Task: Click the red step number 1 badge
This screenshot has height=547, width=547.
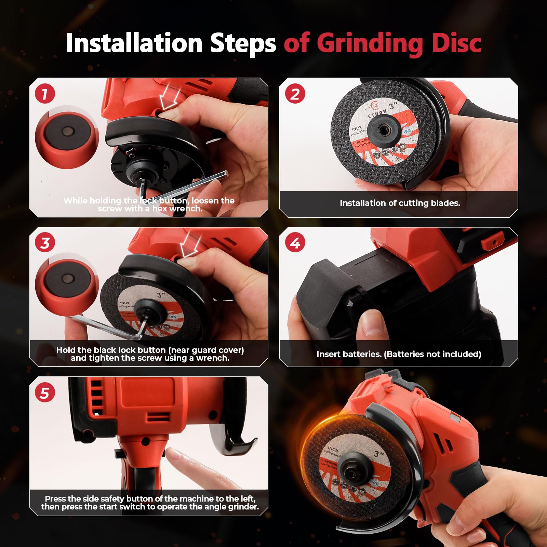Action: (45, 93)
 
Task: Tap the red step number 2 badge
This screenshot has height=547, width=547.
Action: (295, 93)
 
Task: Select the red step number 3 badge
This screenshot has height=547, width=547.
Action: (45, 243)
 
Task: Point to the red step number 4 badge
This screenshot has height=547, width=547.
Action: (295, 243)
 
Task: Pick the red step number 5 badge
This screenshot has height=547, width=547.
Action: (45, 392)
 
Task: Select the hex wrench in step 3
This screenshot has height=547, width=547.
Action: (103, 326)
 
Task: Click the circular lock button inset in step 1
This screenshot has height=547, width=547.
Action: (67, 137)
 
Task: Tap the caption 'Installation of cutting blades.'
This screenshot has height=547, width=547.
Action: (400, 203)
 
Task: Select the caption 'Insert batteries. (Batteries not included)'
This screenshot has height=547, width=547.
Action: (399, 354)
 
